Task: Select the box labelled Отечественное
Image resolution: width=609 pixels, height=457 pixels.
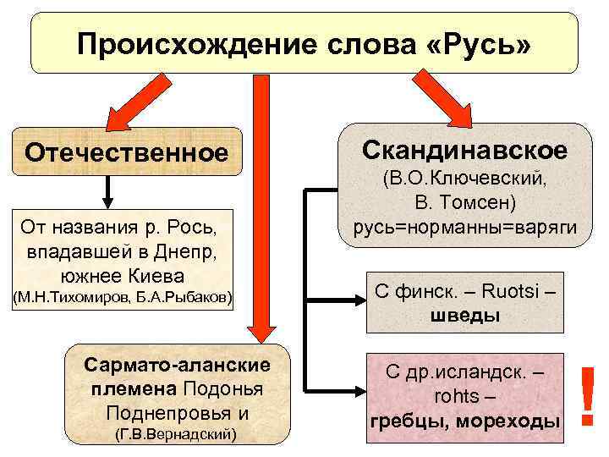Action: (126, 152)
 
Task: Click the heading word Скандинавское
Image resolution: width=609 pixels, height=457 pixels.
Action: (465, 150)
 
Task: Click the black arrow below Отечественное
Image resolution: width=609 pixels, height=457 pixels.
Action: (107, 191)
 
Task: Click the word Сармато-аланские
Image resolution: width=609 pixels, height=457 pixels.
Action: (178, 364)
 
